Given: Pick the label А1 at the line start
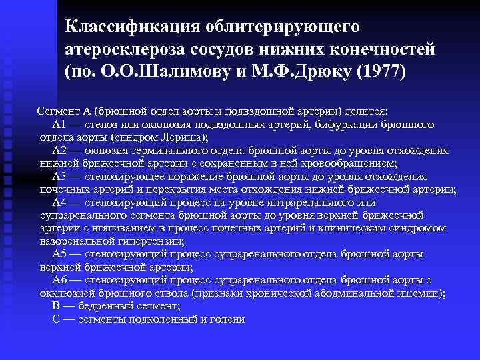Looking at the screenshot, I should [59, 125].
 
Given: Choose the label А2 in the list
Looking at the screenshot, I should [59, 151].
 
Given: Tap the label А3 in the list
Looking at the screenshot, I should [59, 177].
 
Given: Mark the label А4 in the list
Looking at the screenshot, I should [59, 202].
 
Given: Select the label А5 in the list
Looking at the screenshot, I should [59, 254].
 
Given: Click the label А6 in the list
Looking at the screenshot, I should [59, 280].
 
